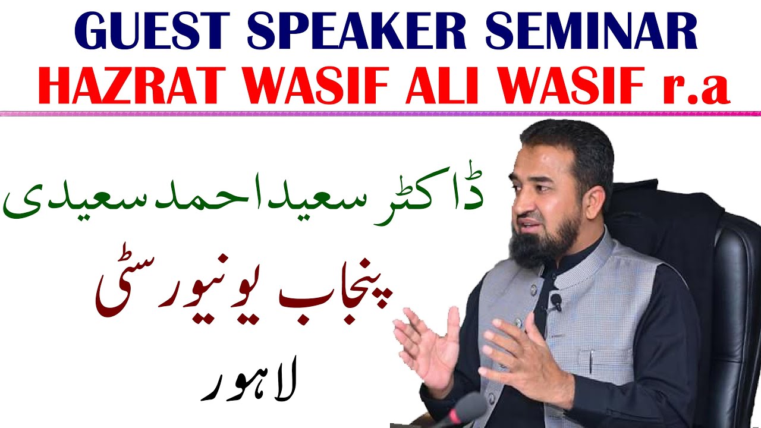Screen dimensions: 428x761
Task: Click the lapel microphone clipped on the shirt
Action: [x=556, y=302]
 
